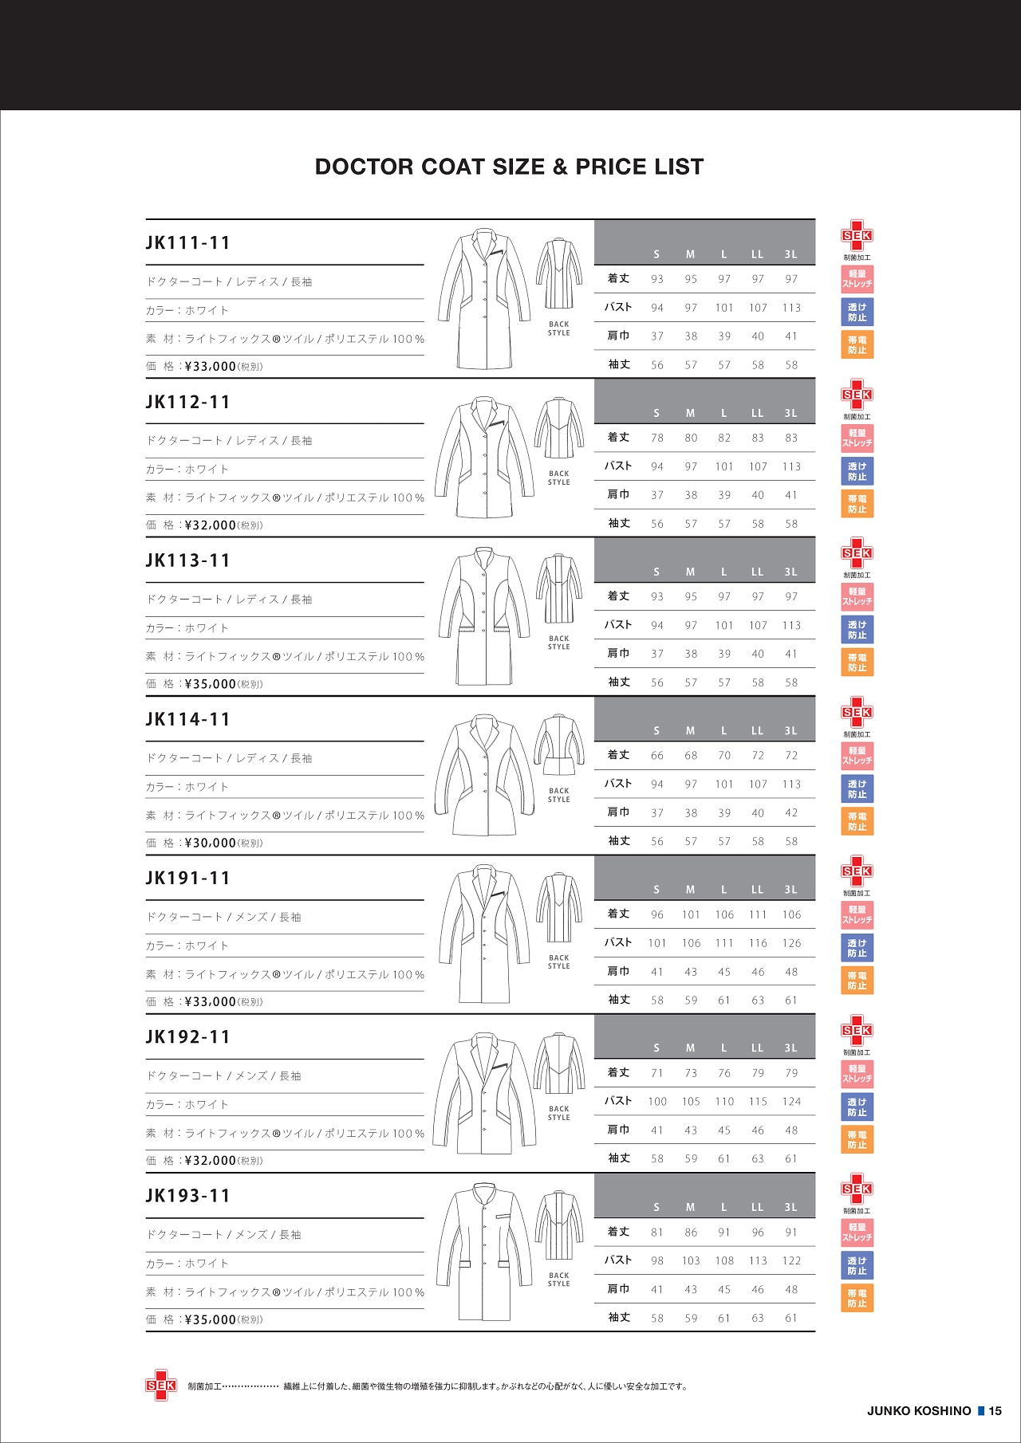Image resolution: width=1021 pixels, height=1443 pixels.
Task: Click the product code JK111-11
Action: (187, 243)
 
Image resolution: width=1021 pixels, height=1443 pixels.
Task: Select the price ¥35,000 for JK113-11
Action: (211, 684)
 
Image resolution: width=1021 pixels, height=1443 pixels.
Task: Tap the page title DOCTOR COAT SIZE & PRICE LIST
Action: (509, 167)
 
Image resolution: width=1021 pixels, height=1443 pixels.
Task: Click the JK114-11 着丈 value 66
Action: (657, 756)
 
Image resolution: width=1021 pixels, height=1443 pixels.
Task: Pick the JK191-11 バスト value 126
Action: (791, 943)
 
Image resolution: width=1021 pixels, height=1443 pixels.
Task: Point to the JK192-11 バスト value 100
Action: (657, 1102)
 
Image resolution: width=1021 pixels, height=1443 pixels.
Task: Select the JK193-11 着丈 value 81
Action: (657, 1233)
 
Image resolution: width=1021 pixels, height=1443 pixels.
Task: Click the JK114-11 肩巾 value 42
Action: (791, 813)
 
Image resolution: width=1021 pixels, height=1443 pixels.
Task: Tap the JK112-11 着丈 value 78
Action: (657, 438)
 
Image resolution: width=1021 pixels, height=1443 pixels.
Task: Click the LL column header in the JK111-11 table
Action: (757, 254)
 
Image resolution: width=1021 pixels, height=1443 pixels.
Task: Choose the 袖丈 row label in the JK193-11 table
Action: (619, 1318)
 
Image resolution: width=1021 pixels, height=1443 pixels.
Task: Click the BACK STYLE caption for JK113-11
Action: (559, 643)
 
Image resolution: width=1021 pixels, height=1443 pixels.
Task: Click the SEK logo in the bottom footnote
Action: (160, 1386)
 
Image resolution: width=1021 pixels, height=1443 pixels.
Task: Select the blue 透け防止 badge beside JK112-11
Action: (857, 471)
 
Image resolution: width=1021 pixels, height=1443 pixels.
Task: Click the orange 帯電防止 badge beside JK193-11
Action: (857, 1298)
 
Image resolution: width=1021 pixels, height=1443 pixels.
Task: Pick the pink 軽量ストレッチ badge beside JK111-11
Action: (857, 279)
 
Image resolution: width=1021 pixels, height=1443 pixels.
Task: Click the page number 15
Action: (995, 1410)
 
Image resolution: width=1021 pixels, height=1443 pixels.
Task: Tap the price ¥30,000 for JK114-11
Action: (211, 843)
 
